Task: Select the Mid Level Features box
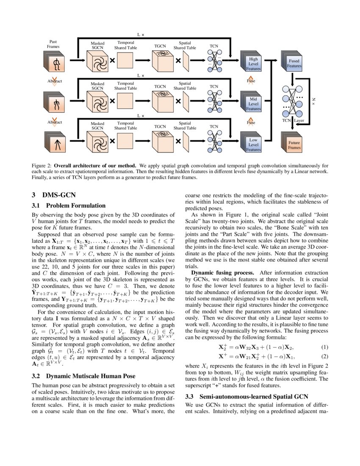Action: pyautogui.click(x=253, y=103)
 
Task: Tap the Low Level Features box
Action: pyautogui.click(x=253, y=144)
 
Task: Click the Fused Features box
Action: pyautogui.click(x=294, y=64)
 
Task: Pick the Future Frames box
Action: pyautogui.click(x=294, y=145)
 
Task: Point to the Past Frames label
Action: pyautogui.click(x=53, y=44)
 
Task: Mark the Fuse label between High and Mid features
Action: pyautogui.click(x=251, y=80)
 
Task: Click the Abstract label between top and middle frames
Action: pyautogui.click(x=55, y=81)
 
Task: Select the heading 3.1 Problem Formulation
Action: pyautogui.click(x=69, y=206)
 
